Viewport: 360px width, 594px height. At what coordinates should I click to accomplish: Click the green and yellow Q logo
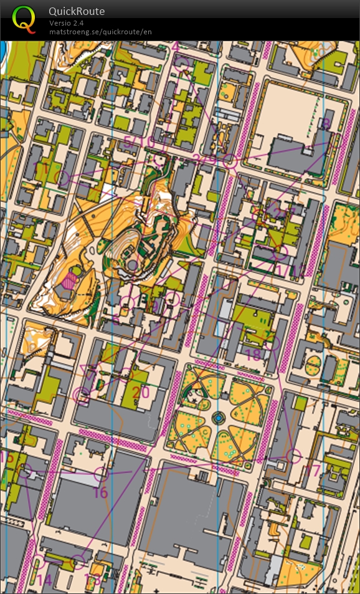(24, 19)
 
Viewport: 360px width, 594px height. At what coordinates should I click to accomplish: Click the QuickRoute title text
(77, 11)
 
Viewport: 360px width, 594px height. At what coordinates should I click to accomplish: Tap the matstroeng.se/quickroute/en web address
(100, 31)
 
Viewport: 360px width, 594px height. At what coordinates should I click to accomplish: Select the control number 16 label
(100, 492)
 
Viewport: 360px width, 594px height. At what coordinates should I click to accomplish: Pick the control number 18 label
(253, 355)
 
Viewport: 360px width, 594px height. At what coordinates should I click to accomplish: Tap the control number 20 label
(141, 393)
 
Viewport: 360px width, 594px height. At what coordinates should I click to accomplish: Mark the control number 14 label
(44, 580)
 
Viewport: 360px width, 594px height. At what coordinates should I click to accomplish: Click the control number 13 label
(92, 580)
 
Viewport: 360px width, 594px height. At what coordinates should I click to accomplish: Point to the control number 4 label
(176, 47)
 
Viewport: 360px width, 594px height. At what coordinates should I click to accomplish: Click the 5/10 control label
(138, 143)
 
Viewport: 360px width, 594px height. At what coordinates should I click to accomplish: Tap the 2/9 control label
(204, 159)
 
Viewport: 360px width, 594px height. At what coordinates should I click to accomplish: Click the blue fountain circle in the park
(218, 417)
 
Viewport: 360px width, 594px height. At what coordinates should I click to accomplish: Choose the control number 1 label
(43, 169)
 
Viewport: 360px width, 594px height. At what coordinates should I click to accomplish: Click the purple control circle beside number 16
(100, 475)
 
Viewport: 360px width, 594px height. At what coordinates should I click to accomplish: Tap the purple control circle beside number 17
(293, 456)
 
